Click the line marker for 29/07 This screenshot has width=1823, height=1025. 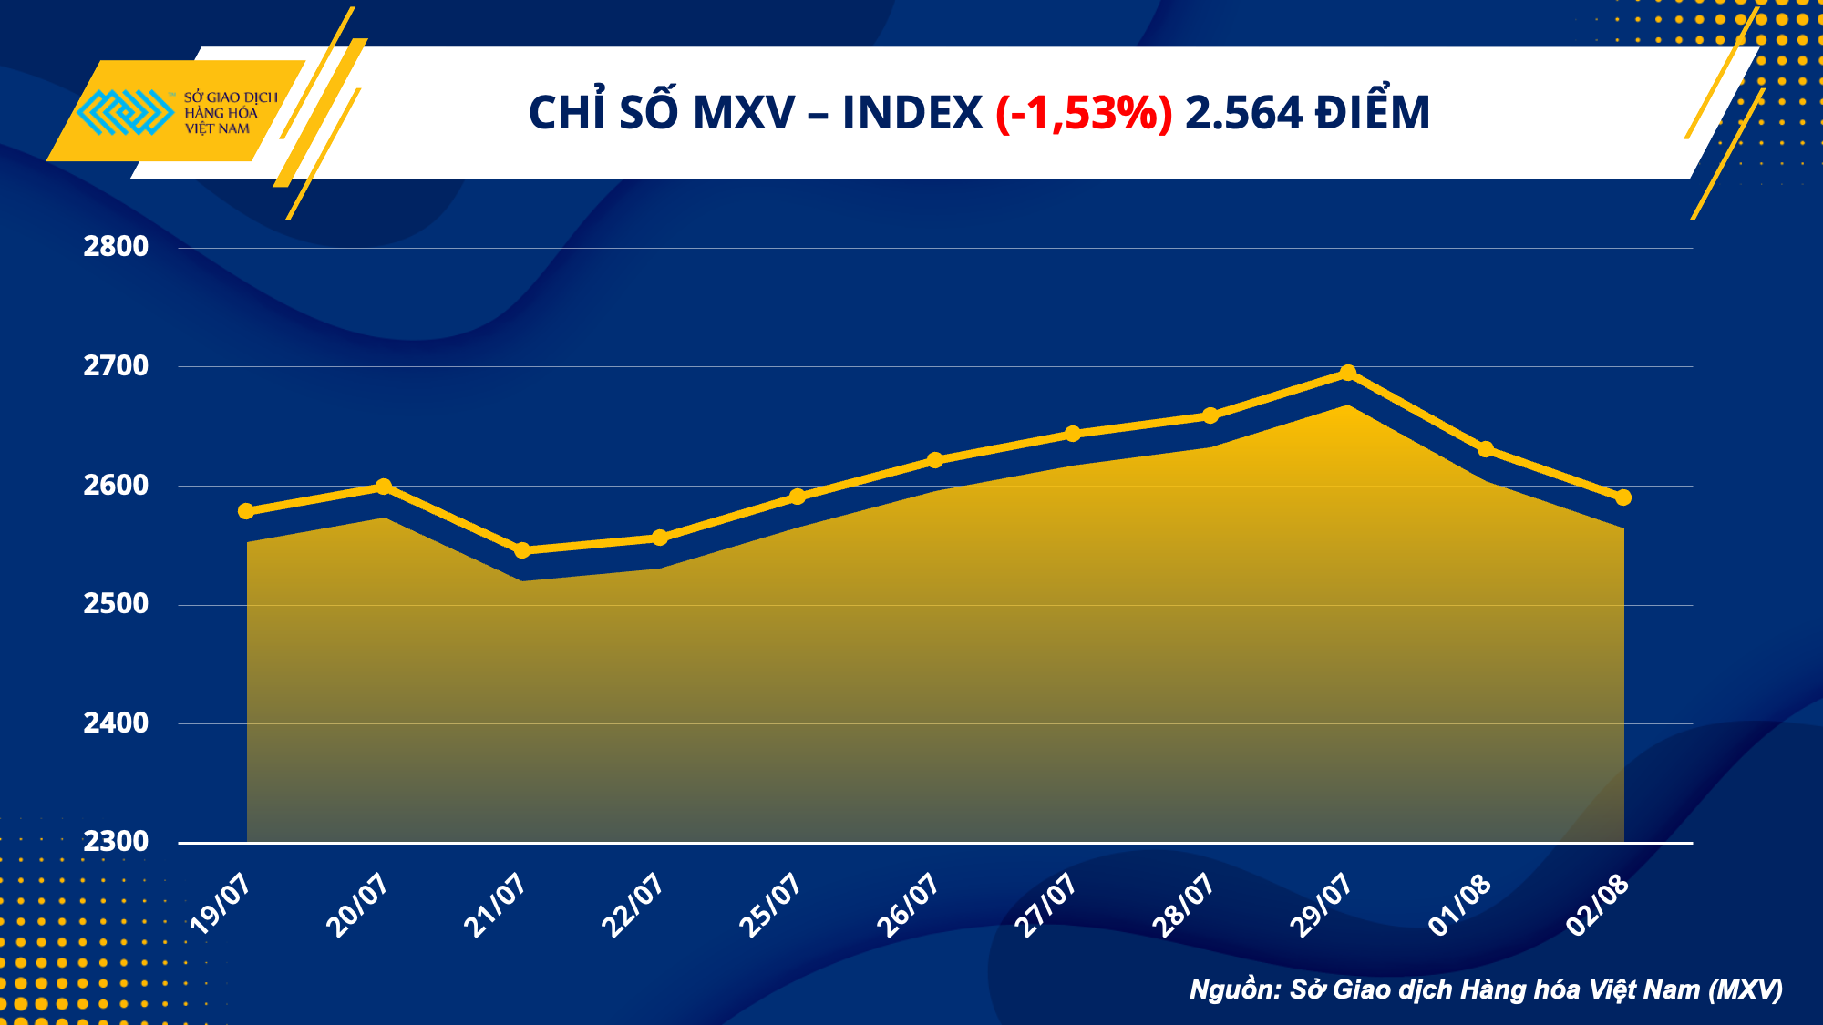tap(1348, 373)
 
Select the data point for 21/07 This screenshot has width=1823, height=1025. tap(522, 550)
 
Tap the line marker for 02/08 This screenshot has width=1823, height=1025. tap(1623, 497)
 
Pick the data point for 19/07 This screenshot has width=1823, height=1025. tap(246, 511)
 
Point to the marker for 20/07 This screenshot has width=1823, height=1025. tap(384, 487)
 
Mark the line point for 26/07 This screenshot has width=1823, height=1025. tap(935, 460)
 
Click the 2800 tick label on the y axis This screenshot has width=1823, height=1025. tap(116, 246)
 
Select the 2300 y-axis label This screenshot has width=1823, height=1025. tap(116, 841)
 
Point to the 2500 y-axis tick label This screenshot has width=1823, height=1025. tap(116, 603)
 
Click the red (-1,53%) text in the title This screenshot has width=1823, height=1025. tap(1084, 113)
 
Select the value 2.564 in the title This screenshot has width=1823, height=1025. tap(1244, 113)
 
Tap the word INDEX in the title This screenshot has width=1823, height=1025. tap(911, 113)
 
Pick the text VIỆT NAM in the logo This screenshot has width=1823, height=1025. tap(217, 129)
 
